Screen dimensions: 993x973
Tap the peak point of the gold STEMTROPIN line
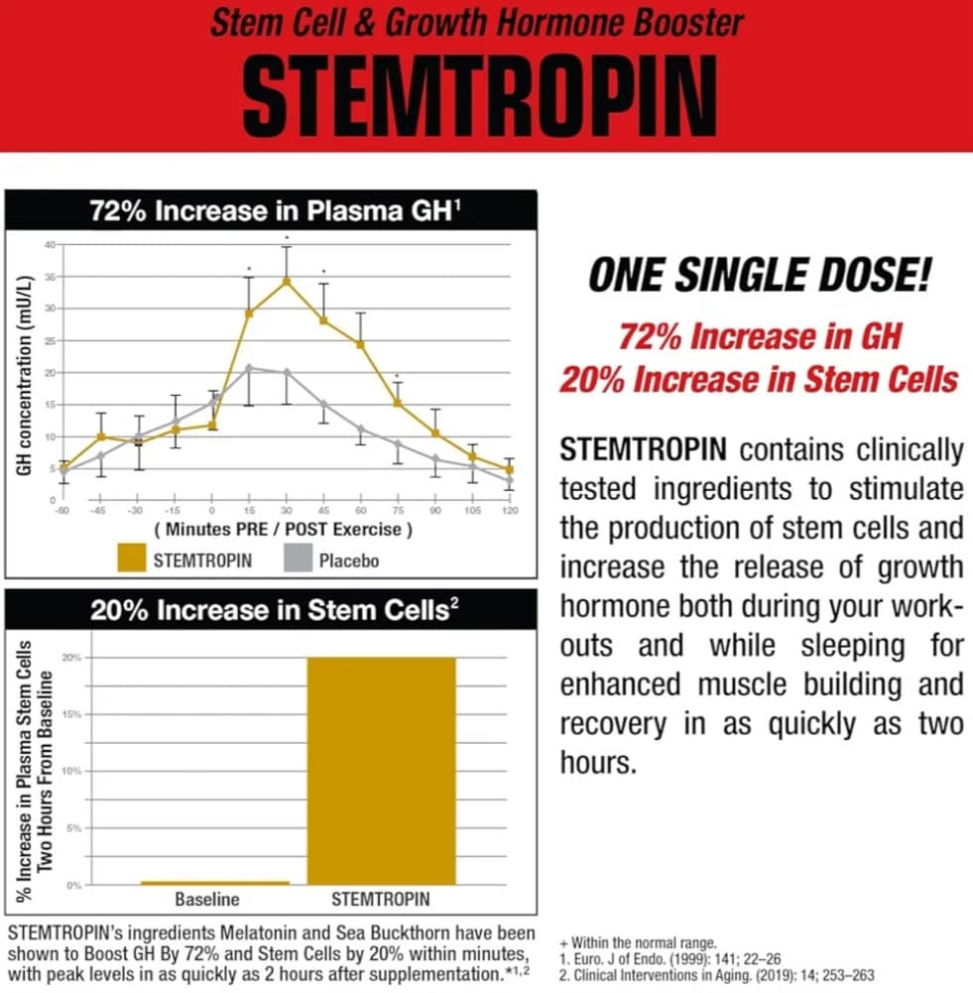287,281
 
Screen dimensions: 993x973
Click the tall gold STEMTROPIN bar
380,770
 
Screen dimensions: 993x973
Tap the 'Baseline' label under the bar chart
208,901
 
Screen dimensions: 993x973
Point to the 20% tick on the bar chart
70,657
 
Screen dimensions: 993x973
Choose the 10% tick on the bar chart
70,771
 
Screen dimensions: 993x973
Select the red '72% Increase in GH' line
760,337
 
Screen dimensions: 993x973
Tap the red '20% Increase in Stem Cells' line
760,380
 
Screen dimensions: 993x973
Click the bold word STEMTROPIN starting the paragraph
644,450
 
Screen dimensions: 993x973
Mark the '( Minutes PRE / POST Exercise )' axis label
284,529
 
